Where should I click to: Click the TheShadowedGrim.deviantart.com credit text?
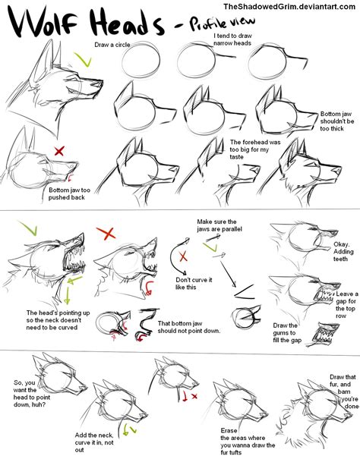(295, 8)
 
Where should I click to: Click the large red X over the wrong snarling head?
(109, 232)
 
